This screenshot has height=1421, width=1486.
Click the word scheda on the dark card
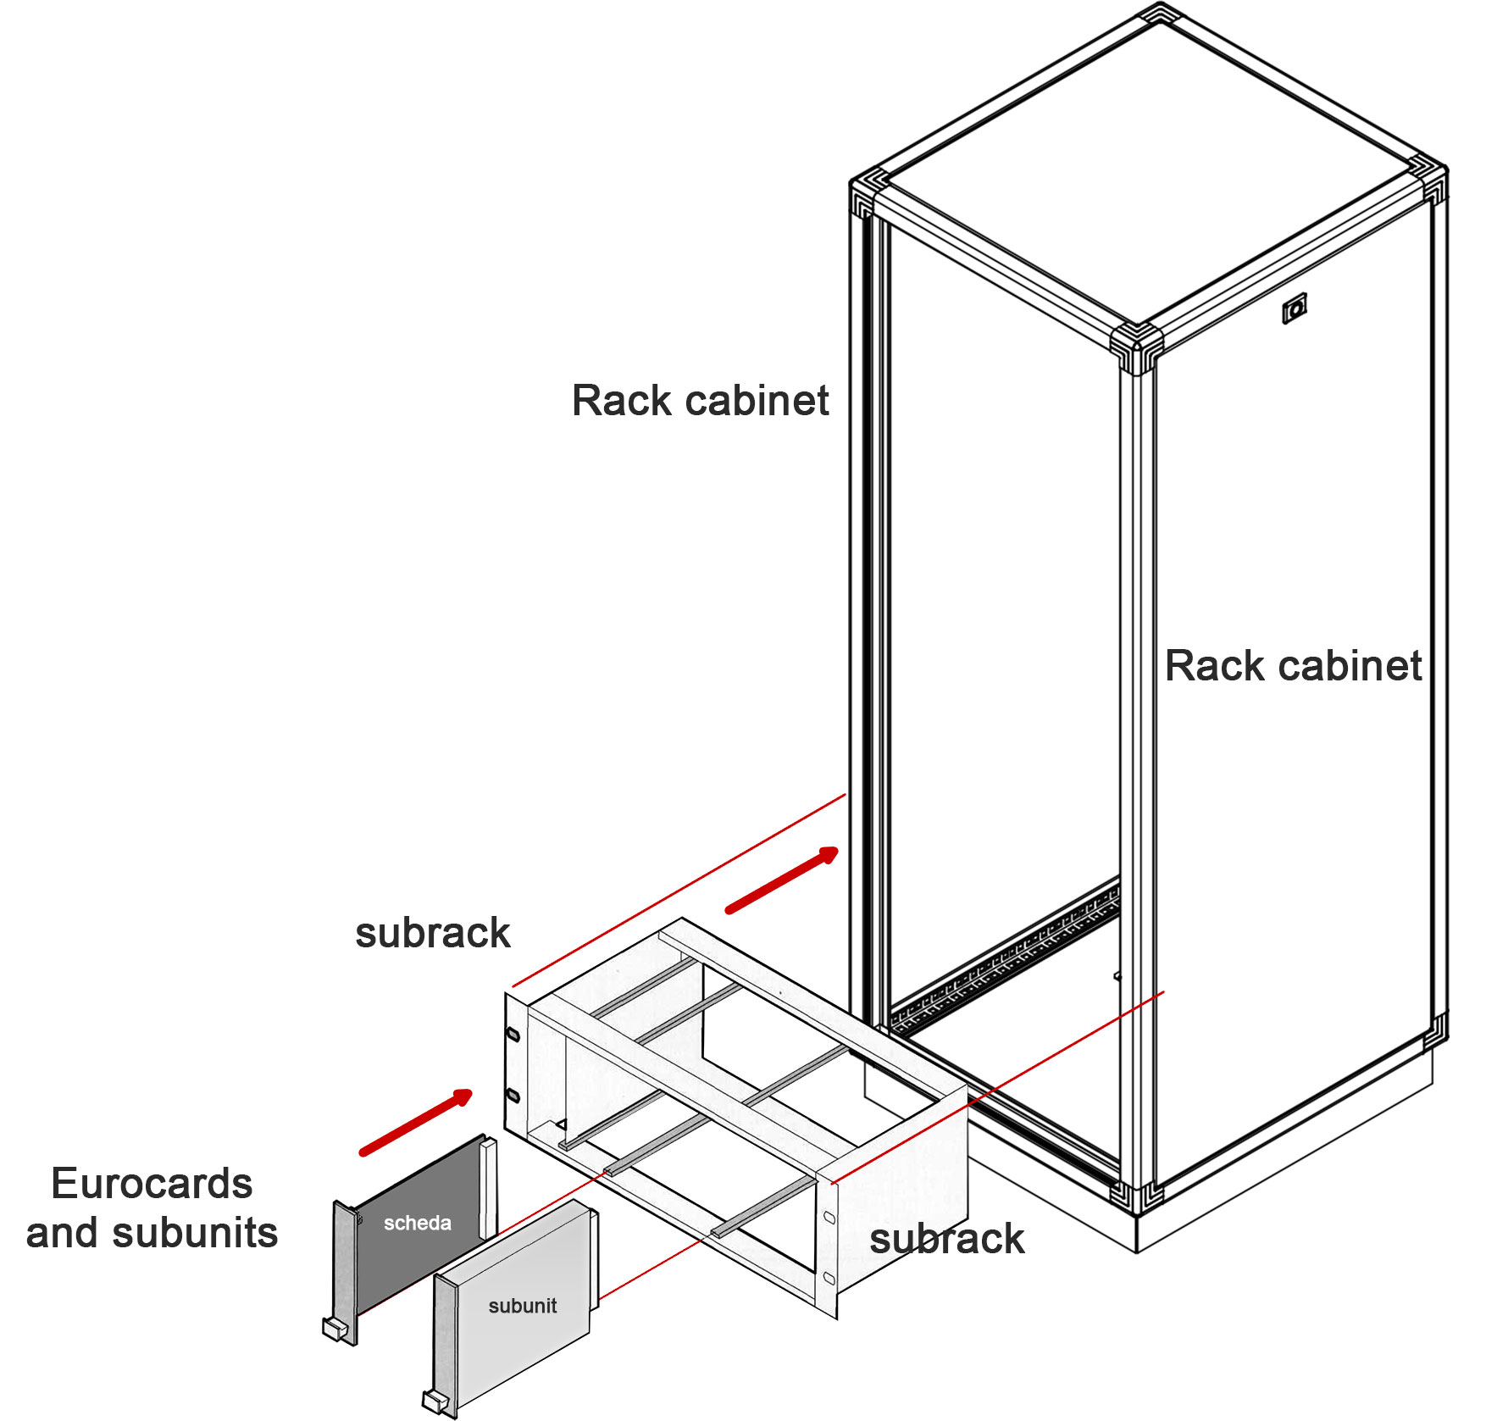(417, 1223)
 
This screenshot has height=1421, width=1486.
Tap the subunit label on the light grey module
(522, 1306)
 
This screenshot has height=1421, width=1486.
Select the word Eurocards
(152, 1184)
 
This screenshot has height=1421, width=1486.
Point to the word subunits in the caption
(195, 1234)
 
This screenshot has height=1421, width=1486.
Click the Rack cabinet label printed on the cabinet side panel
(1293, 666)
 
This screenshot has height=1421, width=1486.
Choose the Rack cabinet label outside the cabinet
(700, 401)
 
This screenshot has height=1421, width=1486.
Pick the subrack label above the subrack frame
(432, 934)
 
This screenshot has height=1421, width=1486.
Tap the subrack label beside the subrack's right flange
(946, 1240)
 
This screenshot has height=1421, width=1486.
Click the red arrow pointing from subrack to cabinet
(781, 881)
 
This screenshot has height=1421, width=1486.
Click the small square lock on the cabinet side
(1294, 309)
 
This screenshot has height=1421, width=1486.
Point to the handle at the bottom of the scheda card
(337, 1328)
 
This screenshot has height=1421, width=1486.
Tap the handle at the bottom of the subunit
(436, 1402)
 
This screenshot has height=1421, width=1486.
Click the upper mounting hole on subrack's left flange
(512, 1035)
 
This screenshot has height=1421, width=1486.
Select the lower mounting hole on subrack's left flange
(512, 1096)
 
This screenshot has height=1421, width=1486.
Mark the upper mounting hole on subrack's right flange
(829, 1218)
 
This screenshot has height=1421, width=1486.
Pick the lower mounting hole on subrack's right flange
(829, 1278)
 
